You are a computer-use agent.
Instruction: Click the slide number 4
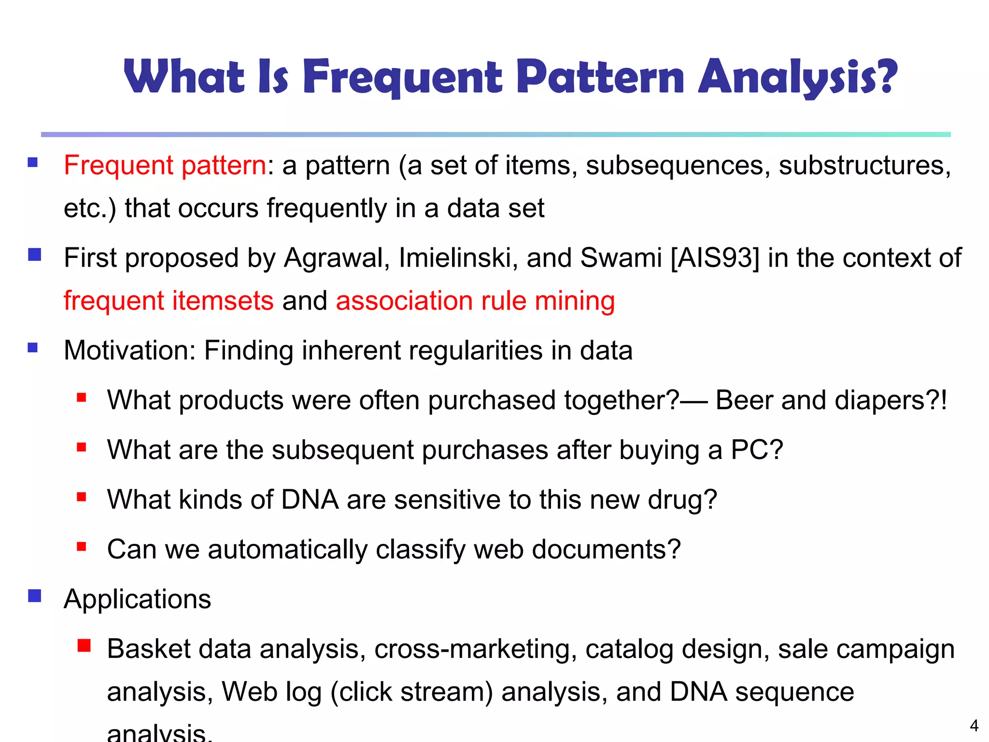pos(974,726)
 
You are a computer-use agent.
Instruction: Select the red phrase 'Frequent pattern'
pos(165,165)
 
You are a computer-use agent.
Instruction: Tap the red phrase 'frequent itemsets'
pos(169,300)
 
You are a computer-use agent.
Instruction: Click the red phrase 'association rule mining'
pos(475,300)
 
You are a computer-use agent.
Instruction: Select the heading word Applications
pos(137,599)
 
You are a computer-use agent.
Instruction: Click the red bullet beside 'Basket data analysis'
pos(84,645)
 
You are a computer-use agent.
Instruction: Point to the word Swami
pos(621,257)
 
